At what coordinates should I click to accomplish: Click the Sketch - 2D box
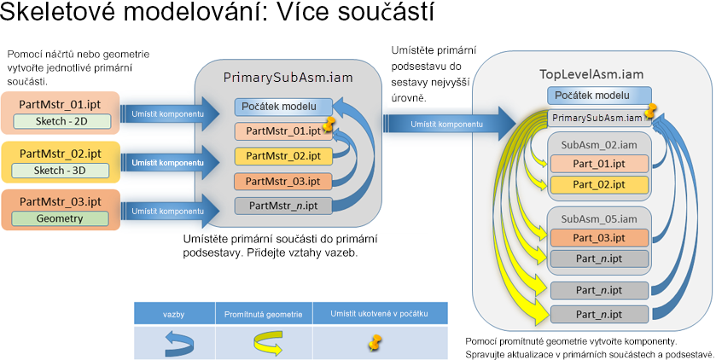(61, 121)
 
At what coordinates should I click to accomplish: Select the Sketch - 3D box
(61, 171)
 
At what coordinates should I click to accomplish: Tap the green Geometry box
(60, 218)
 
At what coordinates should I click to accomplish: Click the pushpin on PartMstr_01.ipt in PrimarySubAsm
(328, 123)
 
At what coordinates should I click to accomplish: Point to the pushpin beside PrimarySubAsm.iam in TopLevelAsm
(649, 111)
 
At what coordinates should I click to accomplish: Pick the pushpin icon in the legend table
(375, 342)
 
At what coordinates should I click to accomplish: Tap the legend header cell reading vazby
(174, 314)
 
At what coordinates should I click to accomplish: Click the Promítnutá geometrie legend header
(264, 314)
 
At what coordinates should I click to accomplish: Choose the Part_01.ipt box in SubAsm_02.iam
(599, 164)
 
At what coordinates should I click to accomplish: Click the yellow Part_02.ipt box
(599, 185)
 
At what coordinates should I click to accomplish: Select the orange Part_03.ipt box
(599, 238)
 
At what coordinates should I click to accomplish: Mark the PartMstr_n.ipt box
(283, 206)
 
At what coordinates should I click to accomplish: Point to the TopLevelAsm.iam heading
(591, 74)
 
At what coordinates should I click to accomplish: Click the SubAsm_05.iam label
(599, 219)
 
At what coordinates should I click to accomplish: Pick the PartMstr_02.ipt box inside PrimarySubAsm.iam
(283, 156)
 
